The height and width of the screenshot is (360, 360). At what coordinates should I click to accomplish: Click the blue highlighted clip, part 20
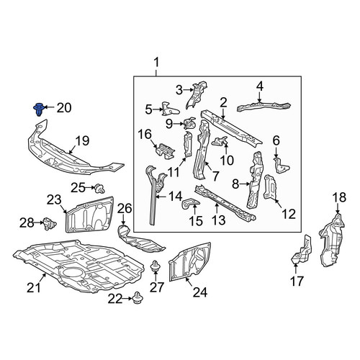(x=38, y=109)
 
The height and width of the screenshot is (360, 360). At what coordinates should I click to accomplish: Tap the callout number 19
(x=82, y=141)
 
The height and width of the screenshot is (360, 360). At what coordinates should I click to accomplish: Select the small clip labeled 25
(x=99, y=189)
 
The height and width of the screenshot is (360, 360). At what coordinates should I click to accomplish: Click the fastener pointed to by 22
(x=138, y=298)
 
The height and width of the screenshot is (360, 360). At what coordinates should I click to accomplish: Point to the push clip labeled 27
(x=155, y=266)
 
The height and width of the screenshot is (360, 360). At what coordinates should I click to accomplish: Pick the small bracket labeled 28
(x=50, y=223)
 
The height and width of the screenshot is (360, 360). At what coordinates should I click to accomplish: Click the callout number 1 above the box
(x=156, y=63)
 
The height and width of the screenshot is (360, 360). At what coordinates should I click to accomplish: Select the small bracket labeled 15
(x=191, y=204)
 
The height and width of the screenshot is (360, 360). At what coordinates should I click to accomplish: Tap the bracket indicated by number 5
(x=170, y=109)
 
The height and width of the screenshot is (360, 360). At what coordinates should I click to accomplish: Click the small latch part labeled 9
(x=189, y=123)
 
